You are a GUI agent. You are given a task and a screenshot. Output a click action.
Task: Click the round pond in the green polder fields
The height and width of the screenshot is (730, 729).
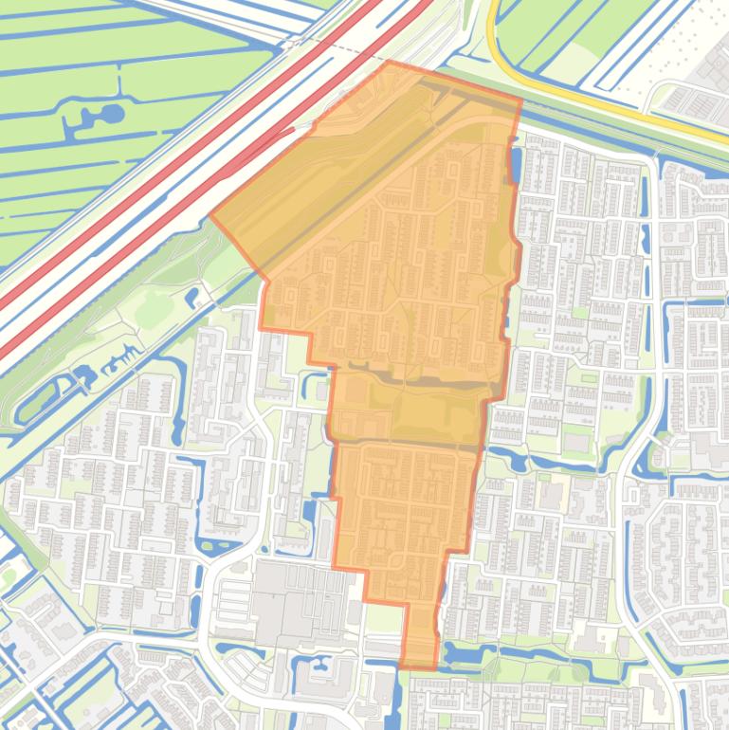[111, 115]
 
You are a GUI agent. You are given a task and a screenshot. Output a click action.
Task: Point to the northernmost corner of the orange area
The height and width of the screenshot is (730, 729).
[389, 62]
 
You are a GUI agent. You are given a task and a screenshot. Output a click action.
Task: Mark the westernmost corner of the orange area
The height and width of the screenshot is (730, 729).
[210, 215]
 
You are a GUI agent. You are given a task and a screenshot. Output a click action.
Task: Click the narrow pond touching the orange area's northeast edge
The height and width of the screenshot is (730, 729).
[515, 166]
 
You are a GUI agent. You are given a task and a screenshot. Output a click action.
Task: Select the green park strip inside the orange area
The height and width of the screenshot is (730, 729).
[427, 412]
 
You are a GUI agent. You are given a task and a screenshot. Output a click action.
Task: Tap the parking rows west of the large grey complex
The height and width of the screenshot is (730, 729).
[232, 597]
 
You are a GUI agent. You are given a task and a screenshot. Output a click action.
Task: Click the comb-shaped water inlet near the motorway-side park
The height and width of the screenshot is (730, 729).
[118, 360]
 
